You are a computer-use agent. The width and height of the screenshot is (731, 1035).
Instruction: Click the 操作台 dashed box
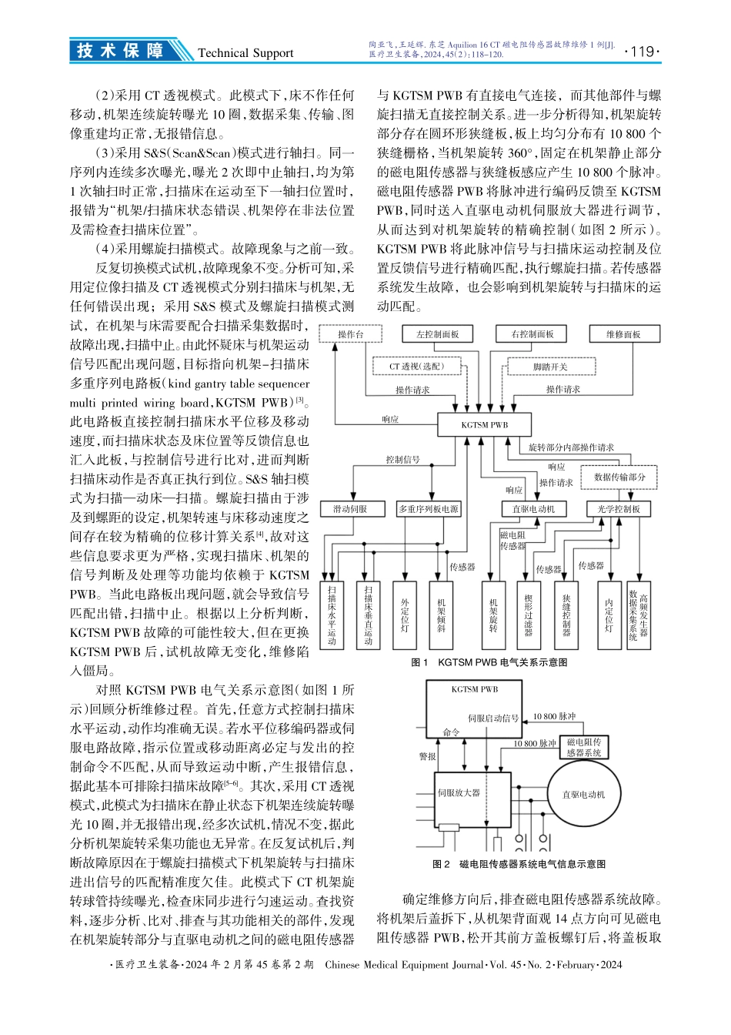[350, 333]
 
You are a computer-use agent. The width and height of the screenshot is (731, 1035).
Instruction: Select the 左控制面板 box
[437, 334]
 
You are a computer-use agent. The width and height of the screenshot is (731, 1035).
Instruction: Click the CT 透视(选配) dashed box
[416, 367]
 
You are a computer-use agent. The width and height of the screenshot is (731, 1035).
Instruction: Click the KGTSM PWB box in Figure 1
[484, 424]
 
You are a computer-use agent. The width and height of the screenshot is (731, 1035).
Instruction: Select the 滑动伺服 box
[350, 509]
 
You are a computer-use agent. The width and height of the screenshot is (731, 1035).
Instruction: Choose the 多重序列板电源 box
[428, 509]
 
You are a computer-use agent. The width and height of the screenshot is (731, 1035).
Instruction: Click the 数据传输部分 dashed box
[619, 477]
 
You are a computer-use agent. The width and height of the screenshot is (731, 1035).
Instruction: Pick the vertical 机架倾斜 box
[440, 615]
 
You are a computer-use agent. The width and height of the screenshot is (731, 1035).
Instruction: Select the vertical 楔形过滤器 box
[527, 615]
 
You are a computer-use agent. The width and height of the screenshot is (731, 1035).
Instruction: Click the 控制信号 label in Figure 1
[402, 460]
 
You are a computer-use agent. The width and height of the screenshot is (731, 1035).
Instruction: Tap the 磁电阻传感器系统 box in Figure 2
[582, 746]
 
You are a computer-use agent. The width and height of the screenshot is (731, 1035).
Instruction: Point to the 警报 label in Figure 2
[427, 756]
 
